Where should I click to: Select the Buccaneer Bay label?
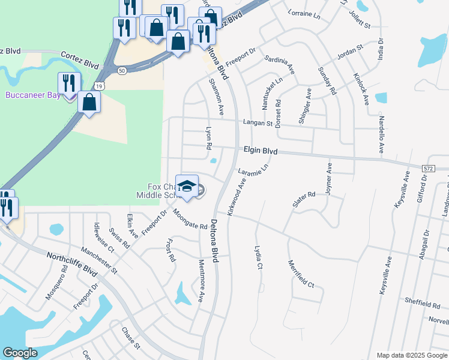(x=33, y=95)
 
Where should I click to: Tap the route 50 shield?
(x=122, y=70)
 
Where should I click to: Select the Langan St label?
(x=258, y=123)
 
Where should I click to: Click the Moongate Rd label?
(x=190, y=219)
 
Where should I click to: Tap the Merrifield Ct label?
(x=301, y=273)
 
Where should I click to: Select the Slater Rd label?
(x=304, y=199)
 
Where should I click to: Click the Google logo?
(x=20, y=353)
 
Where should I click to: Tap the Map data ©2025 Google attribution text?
(x=411, y=355)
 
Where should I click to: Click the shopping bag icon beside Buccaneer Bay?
(x=89, y=101)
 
